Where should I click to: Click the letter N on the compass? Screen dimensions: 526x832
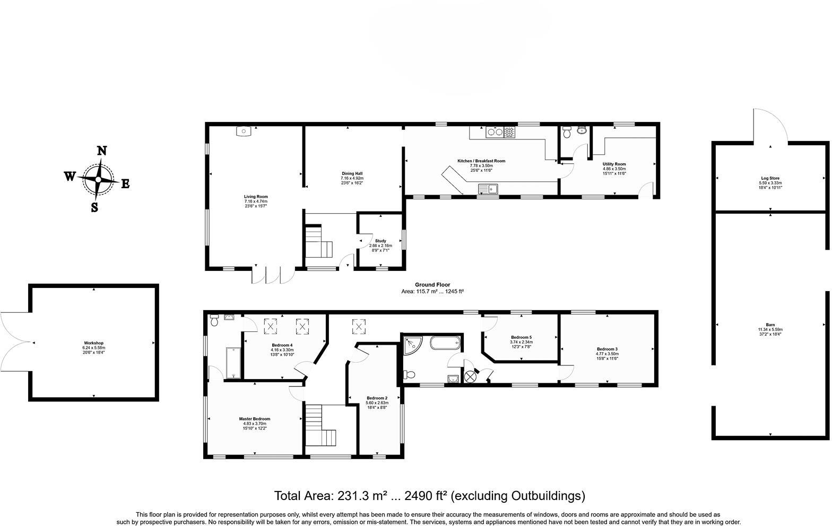coord(101,151)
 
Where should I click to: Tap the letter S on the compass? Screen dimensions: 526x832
coord(94,207)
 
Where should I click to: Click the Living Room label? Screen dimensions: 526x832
coord(256,197)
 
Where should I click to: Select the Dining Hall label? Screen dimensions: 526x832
coord(352,173)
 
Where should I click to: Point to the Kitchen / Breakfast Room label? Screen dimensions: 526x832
coord(481,161)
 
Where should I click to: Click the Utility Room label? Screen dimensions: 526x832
coord(614,164)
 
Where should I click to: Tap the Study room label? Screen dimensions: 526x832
coord(380,241)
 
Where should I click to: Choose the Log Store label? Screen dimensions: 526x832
coord(770,178)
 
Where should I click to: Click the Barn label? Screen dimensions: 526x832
coord(770,325)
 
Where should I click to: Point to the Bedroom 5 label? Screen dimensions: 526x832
coord(521,337)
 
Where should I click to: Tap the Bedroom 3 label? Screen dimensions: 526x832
coord(607,349)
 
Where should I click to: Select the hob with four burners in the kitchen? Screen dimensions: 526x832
coord(509,132)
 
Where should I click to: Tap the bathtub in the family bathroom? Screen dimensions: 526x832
coord(446,343)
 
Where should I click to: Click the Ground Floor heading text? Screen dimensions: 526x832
coord(432,285)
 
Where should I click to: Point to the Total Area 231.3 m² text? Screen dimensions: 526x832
coord(429,496)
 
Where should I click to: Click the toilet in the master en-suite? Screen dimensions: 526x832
coord(214,320)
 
